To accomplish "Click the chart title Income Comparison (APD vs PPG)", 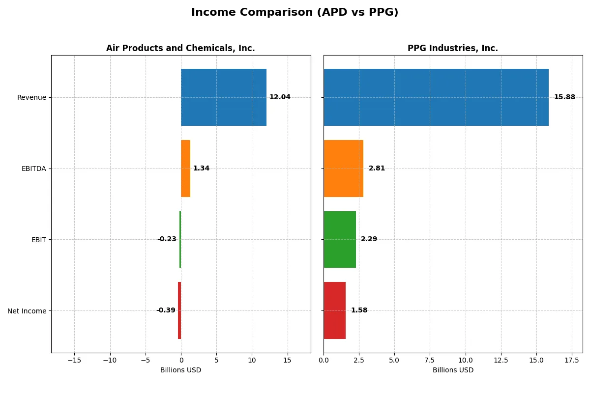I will [x=295, y=13].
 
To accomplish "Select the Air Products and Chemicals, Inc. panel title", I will [x=180, y=48].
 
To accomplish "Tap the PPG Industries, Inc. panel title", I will [x=452, y=48].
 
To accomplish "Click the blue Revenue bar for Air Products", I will [x=224, y=97].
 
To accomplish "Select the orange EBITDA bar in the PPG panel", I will [x=343, y=168].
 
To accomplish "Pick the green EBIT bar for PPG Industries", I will [x=340, y=239].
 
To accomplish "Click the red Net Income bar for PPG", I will [x=334, y=310].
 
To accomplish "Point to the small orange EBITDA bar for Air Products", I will [x=185, y=168].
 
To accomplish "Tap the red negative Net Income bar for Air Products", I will [x=179, y=310].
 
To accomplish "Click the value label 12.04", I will [x=280, y=97].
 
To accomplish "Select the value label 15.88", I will [x=564, y=97].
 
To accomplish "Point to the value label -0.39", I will [x=166, y=310].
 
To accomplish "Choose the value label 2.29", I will [x=369, y=239].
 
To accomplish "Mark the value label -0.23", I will [x=167, y=239].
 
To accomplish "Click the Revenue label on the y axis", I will [x=31, y=97].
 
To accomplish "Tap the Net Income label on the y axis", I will [x=27, y=311].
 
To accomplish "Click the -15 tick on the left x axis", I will [x=74, y=360].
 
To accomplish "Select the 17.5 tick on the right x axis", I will [x=572, y=360].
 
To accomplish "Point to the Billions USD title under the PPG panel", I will [x=453, y=370].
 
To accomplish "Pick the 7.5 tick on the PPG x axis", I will [x=430, y=360].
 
